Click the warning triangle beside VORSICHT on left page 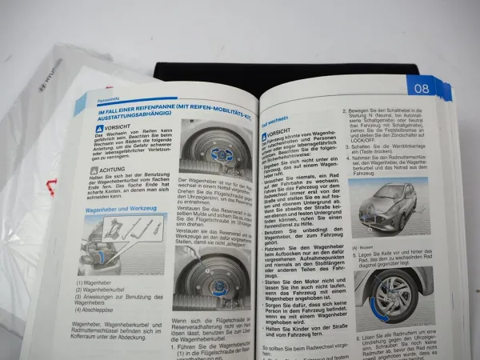tap(99, 128)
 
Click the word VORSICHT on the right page tap(279, 130)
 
